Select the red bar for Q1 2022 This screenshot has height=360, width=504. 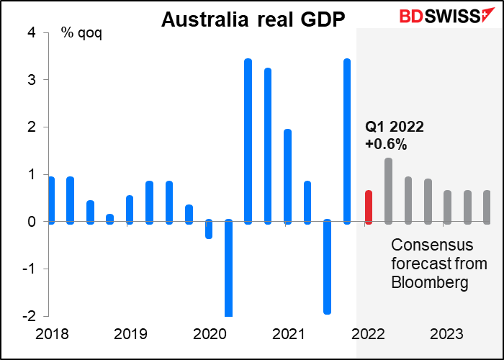(x=369, y=207)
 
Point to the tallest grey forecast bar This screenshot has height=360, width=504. (x=388, y=191)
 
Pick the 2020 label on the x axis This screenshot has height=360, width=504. (x=210, y=335)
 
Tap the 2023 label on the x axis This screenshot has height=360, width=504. (x=447, y=335)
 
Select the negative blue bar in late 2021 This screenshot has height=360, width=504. (x=328, y=267)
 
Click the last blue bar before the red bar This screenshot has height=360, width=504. (x=347, y=141)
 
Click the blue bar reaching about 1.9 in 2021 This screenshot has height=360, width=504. (x=288, y=176)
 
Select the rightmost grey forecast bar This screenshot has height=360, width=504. (x=487, y=207)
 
